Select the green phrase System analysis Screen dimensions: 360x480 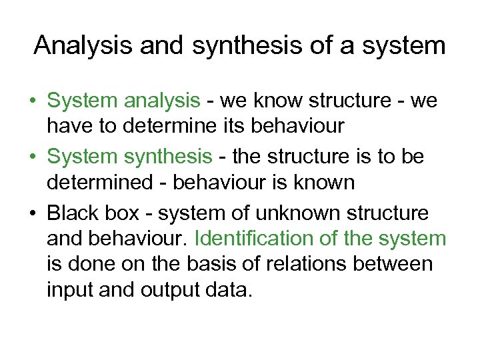[123, 101]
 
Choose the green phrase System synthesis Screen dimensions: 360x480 [129, 156]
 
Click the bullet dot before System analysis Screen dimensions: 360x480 [32, 102]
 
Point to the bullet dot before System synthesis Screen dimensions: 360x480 [32, 157]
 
